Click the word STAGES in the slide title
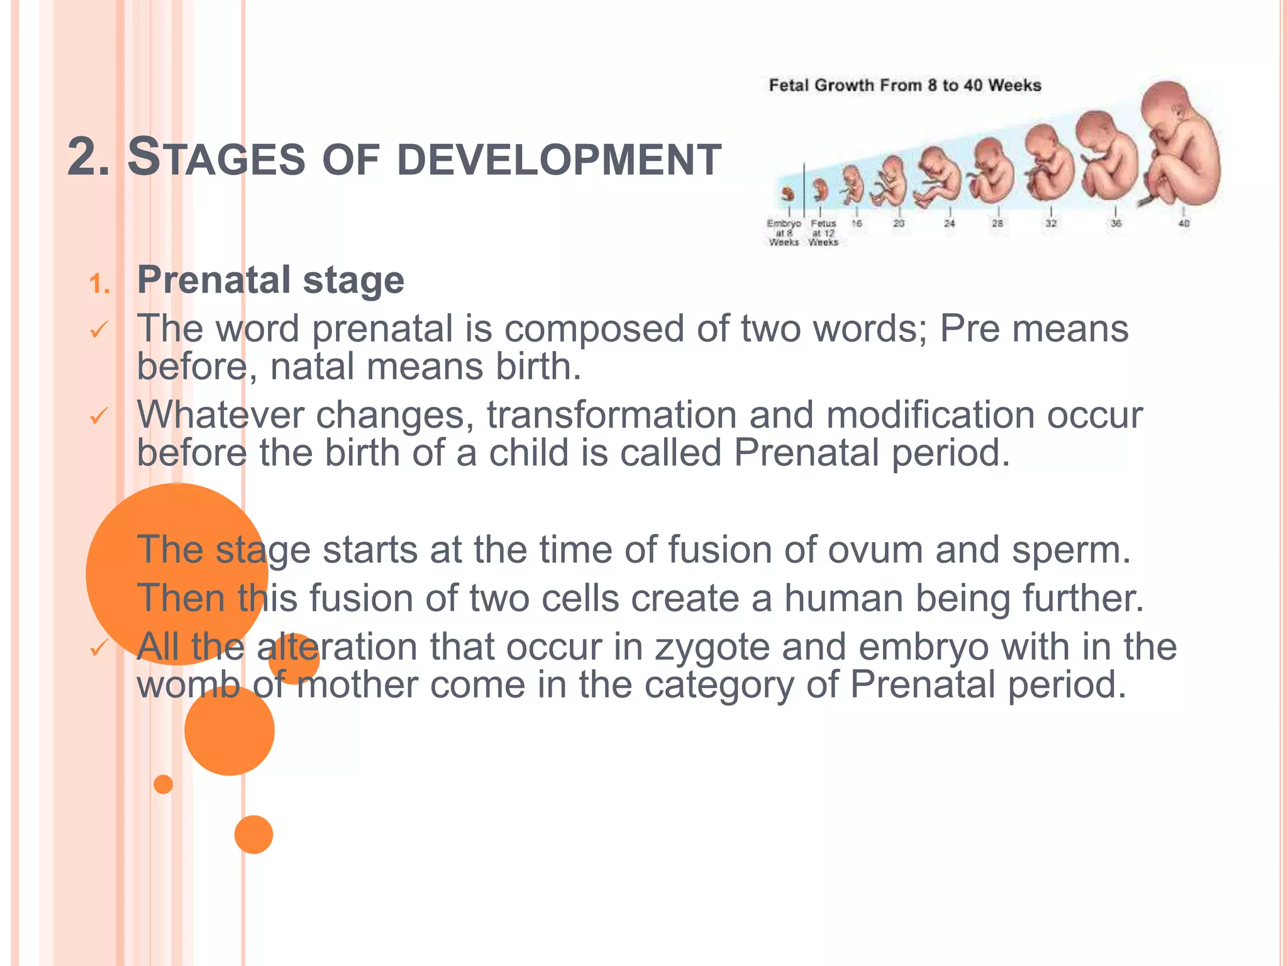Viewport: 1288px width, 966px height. (216, 158)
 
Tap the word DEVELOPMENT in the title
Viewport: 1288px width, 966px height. (559, 160)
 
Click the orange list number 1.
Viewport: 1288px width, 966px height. (99, 284)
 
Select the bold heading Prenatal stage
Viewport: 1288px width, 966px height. (270, 280)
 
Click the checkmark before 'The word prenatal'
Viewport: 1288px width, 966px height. (99, 330)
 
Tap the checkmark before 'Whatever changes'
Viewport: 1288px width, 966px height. (99, 416)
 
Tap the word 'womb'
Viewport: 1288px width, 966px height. (189, 684)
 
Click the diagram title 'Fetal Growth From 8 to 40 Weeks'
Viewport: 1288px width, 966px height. (904, 86)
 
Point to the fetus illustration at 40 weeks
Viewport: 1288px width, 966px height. (1179, 145)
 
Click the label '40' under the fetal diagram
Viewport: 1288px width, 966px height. (1184, 223)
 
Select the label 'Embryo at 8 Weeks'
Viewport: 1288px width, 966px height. (784, 233)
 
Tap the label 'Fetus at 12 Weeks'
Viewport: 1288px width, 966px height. (823, 233)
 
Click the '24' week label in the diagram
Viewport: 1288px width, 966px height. (950, 223)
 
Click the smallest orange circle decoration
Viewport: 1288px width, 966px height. (164, 784)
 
